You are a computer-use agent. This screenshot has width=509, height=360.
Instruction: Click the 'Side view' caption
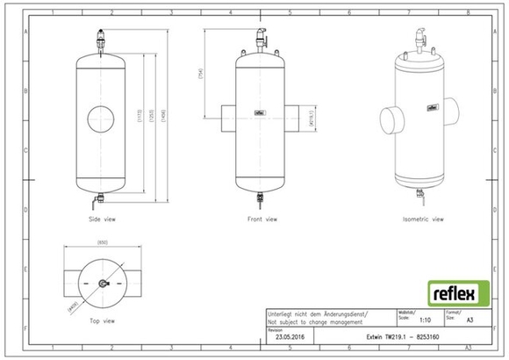102,219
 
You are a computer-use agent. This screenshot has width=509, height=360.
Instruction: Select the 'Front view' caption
261,219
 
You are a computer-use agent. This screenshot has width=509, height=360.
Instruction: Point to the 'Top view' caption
102,320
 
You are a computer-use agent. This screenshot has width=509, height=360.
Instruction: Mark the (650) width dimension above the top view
102,241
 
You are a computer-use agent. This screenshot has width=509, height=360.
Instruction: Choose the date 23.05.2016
290,336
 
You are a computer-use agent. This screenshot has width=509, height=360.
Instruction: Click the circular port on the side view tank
102,117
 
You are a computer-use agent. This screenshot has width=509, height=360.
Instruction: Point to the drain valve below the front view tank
260,198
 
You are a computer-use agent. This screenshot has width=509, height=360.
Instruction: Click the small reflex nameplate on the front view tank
260,112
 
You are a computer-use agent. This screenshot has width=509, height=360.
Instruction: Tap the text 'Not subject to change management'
313,322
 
